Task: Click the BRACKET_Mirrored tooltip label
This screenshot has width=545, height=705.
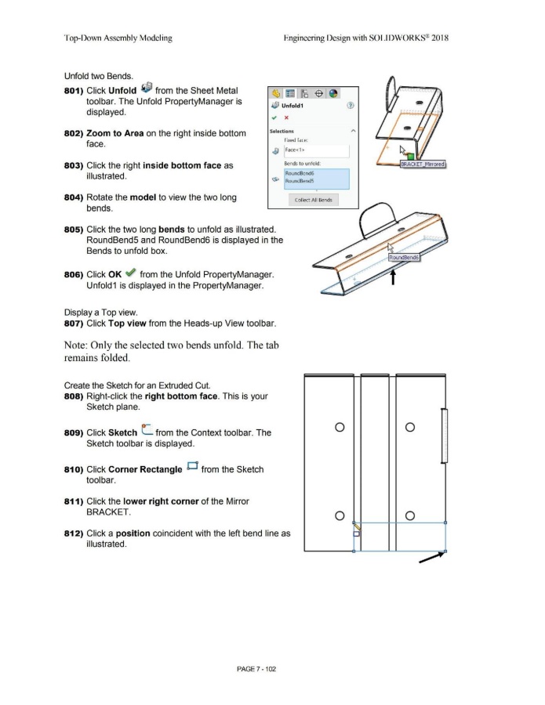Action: [x=423, y=164]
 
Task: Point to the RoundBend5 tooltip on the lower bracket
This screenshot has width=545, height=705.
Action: [x=405, y=258]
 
